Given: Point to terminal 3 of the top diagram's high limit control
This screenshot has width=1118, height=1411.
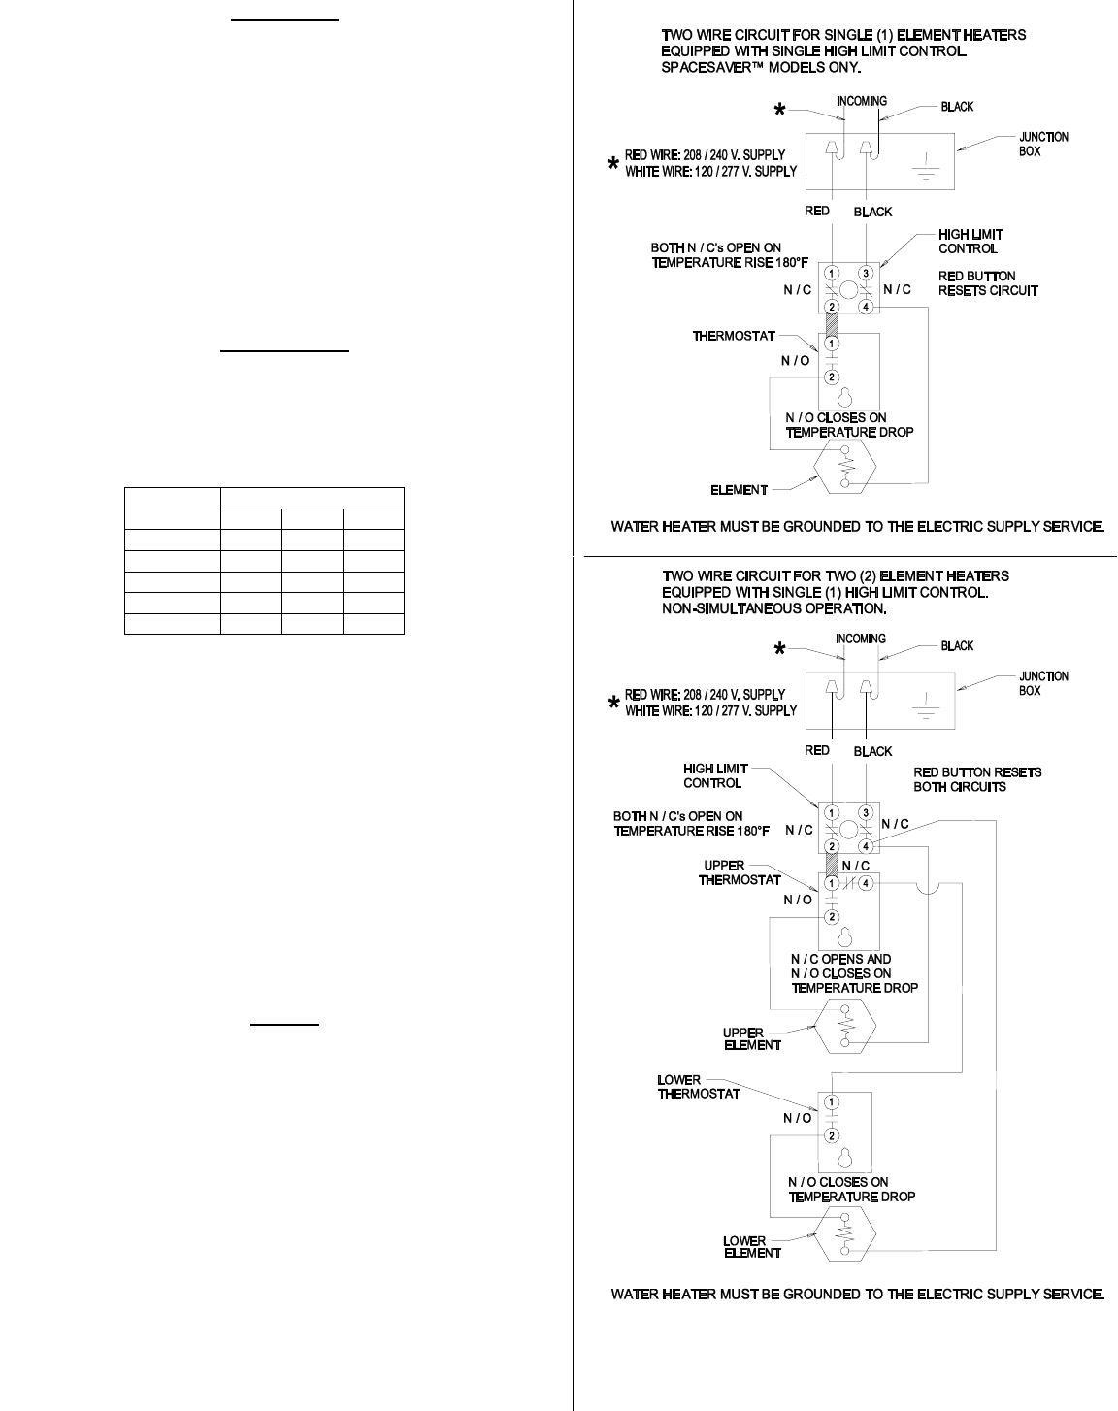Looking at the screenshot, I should [x=867, y=273].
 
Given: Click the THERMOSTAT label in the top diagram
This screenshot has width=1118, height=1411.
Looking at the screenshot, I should [x=733, y=336].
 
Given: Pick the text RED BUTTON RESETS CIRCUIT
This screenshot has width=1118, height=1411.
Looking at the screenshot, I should [x=987, y=283].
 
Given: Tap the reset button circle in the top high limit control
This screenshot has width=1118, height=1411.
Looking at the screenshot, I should [x=846, y=290].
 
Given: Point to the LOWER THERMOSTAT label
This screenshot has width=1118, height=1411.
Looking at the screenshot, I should [x=699, y=1086].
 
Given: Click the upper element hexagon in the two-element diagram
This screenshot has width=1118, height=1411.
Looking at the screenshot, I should [x=846, y=1025].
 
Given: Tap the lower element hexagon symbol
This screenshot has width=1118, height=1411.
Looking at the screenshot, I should [x=846, y=1234].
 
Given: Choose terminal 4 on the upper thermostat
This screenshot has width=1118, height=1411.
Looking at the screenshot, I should [x=866, y=883].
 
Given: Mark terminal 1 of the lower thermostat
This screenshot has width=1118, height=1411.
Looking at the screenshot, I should [x=832, y=1101].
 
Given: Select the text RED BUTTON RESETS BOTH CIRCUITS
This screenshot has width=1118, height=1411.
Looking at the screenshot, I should [x=977, y=779].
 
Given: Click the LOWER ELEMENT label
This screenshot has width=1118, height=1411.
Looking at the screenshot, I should [x=751, y=1247].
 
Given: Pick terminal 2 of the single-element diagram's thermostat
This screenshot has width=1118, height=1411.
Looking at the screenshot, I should [x=832, y=377].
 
